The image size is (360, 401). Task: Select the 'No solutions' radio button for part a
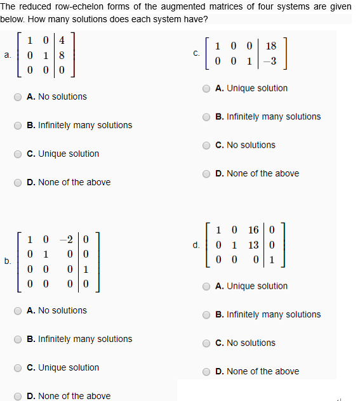tap(18, 96)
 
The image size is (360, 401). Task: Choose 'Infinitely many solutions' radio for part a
tap(18, 125)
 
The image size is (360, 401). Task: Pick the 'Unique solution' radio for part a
tap(18, 154)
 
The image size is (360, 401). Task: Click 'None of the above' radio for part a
tap(18, 182)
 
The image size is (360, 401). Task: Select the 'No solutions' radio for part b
tap(18, 310)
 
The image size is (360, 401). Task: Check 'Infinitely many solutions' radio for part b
tap(18, 339)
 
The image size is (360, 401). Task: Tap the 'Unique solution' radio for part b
tap(18, 367)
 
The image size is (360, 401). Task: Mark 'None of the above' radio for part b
tap(18, 396)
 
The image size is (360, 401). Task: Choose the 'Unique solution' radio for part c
tap(207, 88)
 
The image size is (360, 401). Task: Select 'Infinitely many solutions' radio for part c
tap(207, 117)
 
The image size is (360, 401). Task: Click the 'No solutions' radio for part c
tap(207, 145)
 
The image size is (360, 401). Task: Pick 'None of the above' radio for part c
tap(207, 173)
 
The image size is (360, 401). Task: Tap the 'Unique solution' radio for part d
tap(207, 286)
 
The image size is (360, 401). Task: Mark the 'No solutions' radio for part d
tap(207, 343)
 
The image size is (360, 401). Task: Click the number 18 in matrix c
tap(271, 46)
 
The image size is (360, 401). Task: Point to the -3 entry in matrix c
tap(270, 62)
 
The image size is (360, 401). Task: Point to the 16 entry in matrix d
tap(253, 230)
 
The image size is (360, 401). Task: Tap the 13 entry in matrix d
tap(253, 245)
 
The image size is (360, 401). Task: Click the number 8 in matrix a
tap(61, 55)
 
